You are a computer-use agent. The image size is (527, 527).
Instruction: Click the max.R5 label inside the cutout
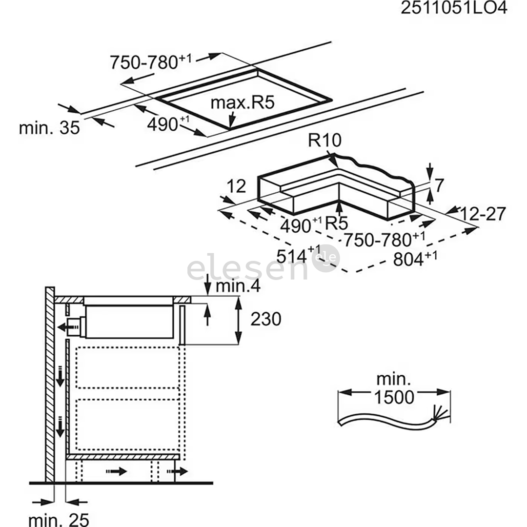tap(243, 103)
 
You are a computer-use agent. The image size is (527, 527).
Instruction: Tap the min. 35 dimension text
tap(49, 128)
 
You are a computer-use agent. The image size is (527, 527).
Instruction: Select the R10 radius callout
tap(325, 141)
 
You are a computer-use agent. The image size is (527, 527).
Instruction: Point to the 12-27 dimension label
tap(482, 213)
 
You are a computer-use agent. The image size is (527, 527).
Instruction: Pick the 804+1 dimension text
tap(415, 259)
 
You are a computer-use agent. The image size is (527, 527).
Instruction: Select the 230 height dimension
tap(266, 319)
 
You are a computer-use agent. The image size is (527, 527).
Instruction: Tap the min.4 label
tap(238, 286)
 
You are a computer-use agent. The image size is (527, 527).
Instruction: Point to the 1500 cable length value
tap(394, 397)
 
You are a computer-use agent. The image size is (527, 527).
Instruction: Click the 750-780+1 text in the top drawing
tap(151, 62)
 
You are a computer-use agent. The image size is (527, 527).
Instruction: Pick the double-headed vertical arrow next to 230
tap(239, 320)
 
